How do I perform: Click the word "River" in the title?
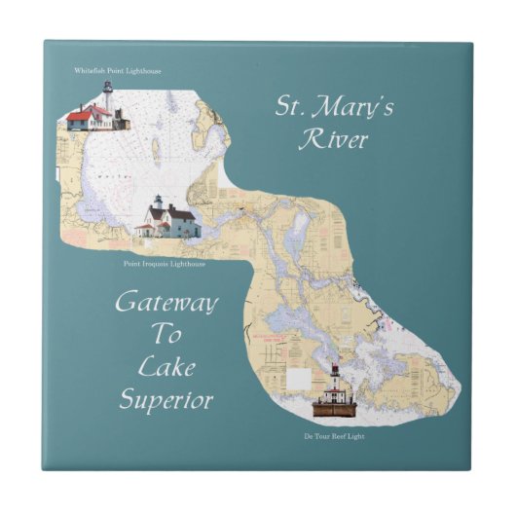coord(335,139)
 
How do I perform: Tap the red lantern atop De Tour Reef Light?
coord(333,371)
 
